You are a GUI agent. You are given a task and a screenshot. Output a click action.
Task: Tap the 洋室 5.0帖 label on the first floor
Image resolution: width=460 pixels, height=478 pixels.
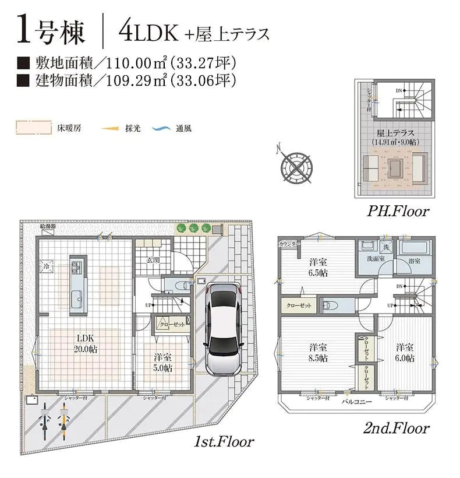pyautogui.click(x=163, y=363)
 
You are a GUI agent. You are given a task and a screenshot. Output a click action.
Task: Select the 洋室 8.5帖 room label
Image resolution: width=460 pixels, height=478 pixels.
pyautogui.click(x=317, y=352)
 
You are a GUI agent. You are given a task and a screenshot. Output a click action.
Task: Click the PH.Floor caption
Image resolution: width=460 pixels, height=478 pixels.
pyautogui.click(x=398, y=211)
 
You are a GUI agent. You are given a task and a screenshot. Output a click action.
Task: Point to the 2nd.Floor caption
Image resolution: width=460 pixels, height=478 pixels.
pyautogui.click(x=396, y=428)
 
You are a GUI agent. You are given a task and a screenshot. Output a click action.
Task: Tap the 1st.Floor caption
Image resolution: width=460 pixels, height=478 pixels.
pyautogui.click(x=224, y=441)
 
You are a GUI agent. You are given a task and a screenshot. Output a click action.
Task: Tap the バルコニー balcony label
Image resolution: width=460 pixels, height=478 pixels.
pyautogui.click(x=355, y=402)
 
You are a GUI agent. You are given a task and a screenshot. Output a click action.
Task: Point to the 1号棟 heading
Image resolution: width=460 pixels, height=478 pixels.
pyautogui.click(x=51, y=32)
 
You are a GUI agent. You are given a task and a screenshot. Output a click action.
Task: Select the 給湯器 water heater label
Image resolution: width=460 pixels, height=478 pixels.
pyautogui.click(x=49, y=226)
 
